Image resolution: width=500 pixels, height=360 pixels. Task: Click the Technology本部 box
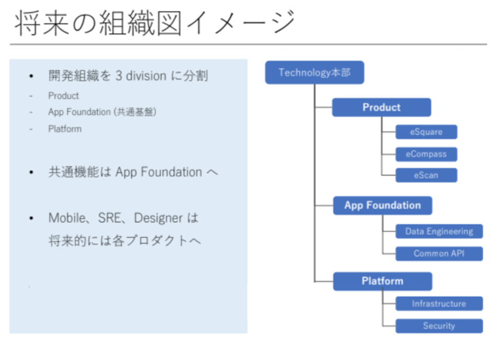(x=314, y=72)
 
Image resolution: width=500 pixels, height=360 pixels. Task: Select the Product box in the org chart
(x=381, y=107)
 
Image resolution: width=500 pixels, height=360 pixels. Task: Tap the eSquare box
(x=426, y=132)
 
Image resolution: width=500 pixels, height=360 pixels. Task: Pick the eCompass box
(x=426, y=154)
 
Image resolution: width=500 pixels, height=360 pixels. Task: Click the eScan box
(x=426, y=176)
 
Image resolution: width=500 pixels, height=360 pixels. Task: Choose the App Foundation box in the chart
(x=382, y=206)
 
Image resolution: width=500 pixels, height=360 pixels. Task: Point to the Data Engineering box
(x=439, y=231)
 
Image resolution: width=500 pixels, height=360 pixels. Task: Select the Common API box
(x=439, y=254)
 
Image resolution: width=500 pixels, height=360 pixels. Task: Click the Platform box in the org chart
(x=382, y=281)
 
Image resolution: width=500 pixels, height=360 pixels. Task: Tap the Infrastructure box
(x=439, y=304)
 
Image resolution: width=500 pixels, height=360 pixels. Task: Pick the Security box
(x=439, y=326)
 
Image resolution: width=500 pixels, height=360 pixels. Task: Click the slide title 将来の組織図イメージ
(x=153, y=23)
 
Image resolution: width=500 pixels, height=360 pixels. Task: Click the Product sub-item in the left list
(x=64, y=96)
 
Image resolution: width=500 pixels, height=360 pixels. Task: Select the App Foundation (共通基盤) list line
(x=102, y=112)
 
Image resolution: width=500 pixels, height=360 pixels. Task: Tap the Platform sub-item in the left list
(x=65, y=129)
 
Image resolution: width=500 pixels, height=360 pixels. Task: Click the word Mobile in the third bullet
(x=67, y=219)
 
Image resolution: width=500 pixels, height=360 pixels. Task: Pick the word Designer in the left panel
(x=157, y=219)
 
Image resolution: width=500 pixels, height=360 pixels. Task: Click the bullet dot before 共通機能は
(x=31, y=172)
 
